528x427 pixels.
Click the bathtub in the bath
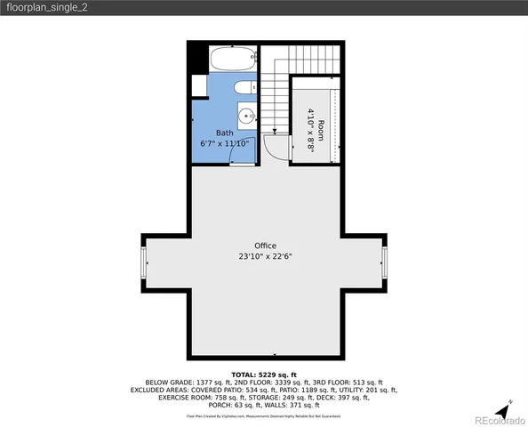pos(233,60)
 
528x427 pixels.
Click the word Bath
pos(224,133)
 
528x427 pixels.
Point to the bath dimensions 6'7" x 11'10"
pos(224,143)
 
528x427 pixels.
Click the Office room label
pos(265,246)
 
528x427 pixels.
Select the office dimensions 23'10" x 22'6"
pos(265,256)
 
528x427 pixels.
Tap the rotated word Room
pos(321,126)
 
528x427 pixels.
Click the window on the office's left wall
pos(143,263)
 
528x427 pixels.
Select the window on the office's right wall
pos(385,263)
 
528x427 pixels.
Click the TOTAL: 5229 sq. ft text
pos(263,375)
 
